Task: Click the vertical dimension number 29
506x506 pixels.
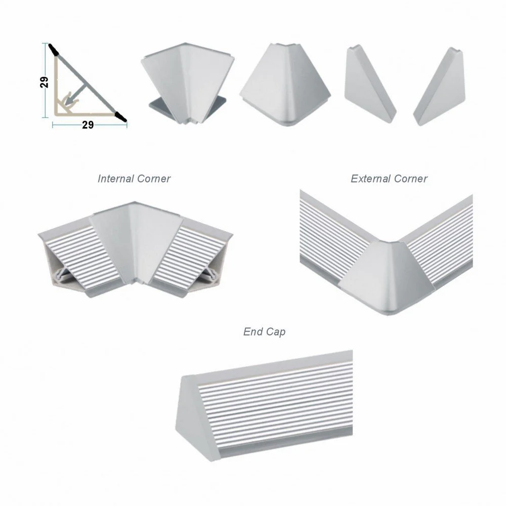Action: coord(44,82)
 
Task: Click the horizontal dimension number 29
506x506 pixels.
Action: coord(88,125)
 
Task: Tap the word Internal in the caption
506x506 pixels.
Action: coord(115,179)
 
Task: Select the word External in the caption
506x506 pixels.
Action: coord(370,179)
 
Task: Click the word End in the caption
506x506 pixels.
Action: coord(252,331)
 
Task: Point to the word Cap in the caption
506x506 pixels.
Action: coord(275,332)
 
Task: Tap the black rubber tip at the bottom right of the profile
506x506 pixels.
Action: coord(120,116)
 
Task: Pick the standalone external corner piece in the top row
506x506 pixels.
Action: coord(285,85)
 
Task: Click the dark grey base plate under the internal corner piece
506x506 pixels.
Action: coord(187,107)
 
